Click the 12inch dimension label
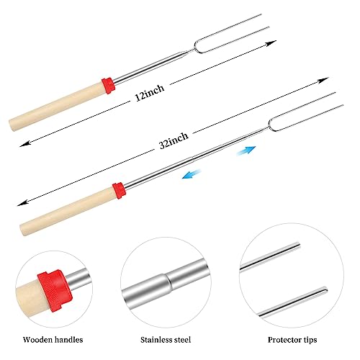[x=150, y=92]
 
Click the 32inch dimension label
[x=174, y=140]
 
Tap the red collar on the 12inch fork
[x=108, y=86]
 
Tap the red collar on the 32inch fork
[x=120, y=190]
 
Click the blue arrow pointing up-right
[x=246, y=150]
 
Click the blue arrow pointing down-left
[x=192, y=174]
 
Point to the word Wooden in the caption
[x=37, y=340]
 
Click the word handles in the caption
[x=69, y=340]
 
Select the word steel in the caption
[x=182, y=340]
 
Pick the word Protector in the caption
[x=284, y=340]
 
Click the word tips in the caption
[x=310, y=340]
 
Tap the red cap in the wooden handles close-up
[x=55, y=290]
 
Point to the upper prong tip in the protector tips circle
[x=298, y=246]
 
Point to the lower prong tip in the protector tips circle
[x=325, y=289]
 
